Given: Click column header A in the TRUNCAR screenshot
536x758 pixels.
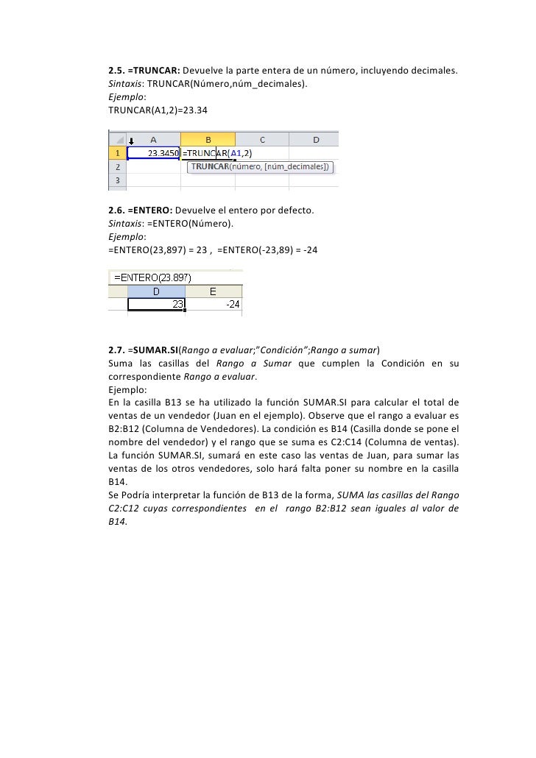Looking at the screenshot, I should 154,139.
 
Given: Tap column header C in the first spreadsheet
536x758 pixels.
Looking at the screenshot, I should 261,139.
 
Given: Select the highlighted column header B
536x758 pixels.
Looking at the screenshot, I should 208,139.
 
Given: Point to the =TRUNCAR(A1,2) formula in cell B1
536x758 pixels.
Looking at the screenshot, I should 217,153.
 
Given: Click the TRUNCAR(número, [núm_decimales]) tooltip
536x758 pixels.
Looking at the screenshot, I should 260,167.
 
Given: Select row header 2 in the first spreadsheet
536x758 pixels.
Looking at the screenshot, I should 118,167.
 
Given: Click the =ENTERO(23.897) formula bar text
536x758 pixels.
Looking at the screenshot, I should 152,277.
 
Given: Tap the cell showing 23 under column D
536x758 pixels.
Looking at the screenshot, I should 156,304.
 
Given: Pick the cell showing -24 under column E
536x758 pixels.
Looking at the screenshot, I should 214,304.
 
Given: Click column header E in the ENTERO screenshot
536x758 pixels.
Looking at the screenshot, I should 214,291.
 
